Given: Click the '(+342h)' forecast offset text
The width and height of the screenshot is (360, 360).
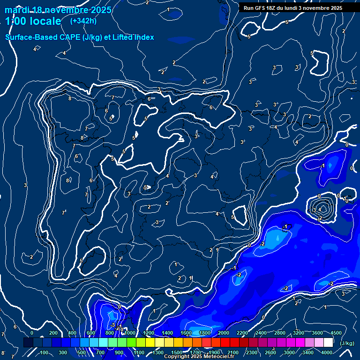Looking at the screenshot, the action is tap(83, 21).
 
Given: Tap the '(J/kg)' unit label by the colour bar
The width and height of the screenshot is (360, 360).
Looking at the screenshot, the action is tap(347, 343).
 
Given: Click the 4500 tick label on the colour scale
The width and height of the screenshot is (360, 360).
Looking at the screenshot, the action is tap(336, 333).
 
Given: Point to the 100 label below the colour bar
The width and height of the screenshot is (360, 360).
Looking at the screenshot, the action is tap(44, 352).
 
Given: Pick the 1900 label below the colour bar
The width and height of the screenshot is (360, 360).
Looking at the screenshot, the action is tap(214, 352).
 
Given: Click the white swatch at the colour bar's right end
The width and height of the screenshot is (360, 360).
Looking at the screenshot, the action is tap(328, 343).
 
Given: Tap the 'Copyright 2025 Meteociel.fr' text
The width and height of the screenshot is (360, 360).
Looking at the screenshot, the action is tap(199, 357).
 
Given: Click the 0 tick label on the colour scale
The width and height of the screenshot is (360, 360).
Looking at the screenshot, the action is tap(32, 333).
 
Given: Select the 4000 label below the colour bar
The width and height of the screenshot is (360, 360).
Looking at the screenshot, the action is tap(327, 352).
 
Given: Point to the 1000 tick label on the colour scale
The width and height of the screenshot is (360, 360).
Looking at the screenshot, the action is tap(130, 333).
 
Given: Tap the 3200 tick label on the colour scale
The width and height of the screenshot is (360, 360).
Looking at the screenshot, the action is tap(299, 333).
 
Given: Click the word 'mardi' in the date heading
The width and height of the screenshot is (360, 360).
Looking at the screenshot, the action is tap(17, 10).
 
